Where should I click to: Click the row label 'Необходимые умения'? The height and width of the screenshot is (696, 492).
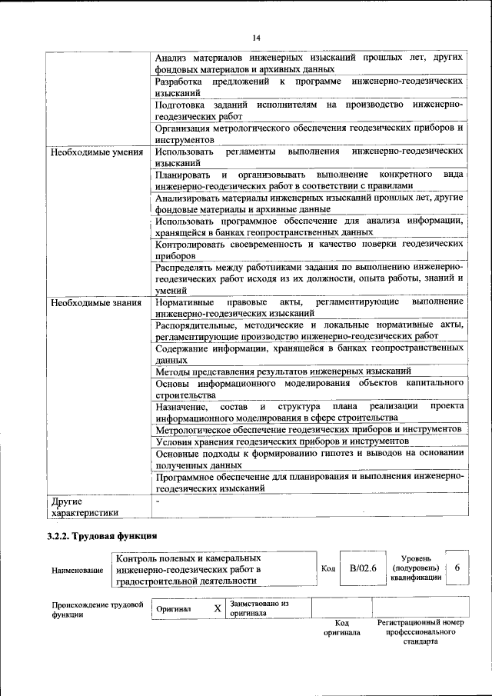coord(97,152)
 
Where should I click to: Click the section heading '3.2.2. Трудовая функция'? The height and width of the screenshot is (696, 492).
coord(101,536)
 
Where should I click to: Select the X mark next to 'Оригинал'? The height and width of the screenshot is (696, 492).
coord(218,608)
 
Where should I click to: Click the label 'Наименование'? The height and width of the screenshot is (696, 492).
coord(77,570)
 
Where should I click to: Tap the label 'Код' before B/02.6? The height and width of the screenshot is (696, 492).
coord(327,568)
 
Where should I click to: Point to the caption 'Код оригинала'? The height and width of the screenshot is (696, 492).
coord(341,627)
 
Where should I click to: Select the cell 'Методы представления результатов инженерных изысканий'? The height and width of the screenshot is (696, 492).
coord(283,371)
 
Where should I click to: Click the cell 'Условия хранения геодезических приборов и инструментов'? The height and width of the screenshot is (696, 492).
coord(281,441)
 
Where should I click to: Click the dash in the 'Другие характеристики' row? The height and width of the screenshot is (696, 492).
coord(157,501)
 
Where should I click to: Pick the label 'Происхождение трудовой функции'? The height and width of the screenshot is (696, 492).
coord(97,610)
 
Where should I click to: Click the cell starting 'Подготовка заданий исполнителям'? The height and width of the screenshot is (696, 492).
coord(308,108)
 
